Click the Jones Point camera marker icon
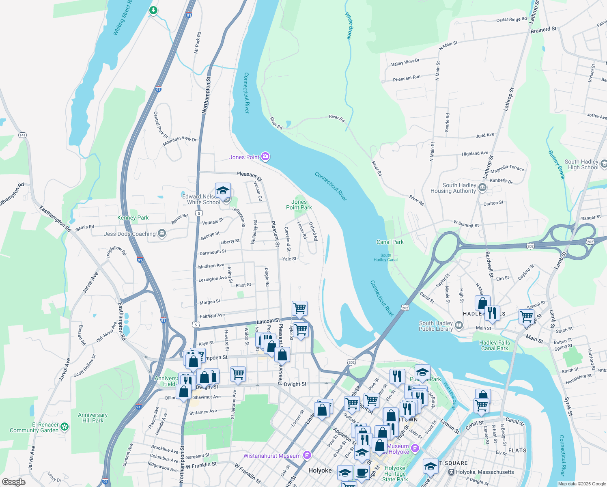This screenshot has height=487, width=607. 265,156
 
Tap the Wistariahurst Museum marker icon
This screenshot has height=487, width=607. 307,455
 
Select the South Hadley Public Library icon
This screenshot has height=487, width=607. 458,325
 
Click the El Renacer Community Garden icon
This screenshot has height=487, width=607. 65,427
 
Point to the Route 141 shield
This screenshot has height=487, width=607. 23,135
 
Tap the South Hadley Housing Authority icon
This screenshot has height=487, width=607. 482,187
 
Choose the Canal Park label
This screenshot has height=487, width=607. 390,242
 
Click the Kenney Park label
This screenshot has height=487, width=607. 133,218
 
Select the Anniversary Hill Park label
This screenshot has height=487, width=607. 93,418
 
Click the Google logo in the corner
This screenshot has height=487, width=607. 13,482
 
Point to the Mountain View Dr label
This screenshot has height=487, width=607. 179,141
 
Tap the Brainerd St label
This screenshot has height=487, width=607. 543,30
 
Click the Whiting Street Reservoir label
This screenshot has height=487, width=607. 122,17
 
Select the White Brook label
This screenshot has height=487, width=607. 349,25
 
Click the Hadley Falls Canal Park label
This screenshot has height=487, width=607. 494,345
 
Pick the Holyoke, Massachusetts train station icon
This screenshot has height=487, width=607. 451,472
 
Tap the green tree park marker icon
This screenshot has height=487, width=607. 153,10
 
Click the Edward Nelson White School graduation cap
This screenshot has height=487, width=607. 223,190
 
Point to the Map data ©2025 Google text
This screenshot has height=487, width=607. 581,484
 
